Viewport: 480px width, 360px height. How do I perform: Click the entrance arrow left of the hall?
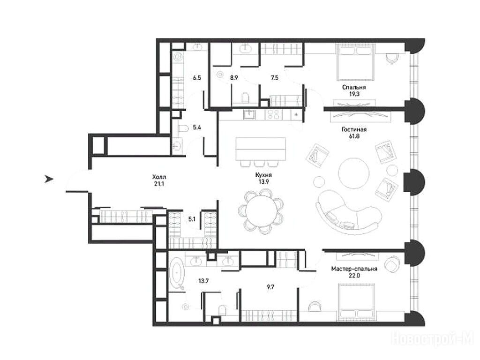point(49,179)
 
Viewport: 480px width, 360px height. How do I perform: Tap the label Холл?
point(159,177)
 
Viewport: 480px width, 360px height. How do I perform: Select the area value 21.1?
point(159,184)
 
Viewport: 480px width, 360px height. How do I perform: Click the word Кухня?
point(263,175)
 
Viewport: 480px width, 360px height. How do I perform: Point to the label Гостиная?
point(354,129)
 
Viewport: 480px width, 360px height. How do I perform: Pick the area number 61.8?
point(354,136)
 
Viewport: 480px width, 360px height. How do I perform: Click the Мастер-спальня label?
point(354,269)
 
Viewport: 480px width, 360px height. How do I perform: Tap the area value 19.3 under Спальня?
point(354,94)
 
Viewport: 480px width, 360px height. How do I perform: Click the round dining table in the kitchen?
point(261,211)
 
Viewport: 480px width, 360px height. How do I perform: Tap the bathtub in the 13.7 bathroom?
point(177,274)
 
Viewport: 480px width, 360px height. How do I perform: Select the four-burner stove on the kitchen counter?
point(273,114)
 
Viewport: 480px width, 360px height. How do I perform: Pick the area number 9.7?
point(270,287)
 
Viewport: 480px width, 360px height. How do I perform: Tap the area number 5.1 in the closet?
point(192,219)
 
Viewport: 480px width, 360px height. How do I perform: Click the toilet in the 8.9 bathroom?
point(246,98)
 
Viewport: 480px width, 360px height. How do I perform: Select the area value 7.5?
point(275,78)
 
